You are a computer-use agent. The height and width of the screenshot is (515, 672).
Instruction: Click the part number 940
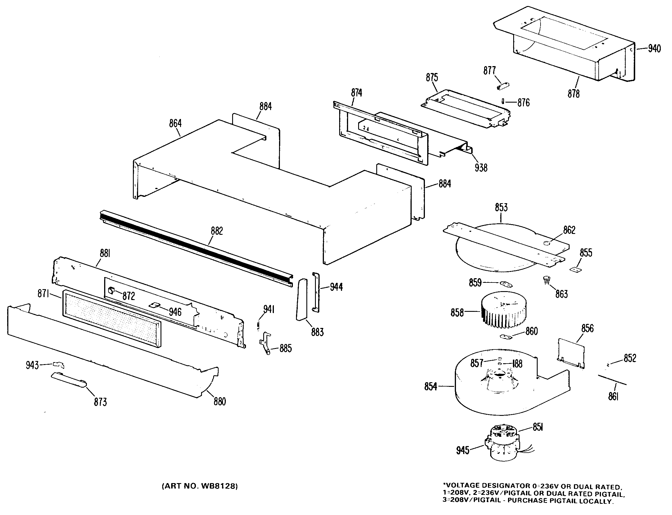coord(654,49)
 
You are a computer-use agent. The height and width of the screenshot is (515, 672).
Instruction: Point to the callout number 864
coord(175,123)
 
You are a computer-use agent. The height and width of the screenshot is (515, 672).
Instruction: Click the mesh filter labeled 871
coord(112,318)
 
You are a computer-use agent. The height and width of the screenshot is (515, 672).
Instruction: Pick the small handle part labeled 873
coord(69,380)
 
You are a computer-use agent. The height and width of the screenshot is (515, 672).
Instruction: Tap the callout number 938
coord(481,168)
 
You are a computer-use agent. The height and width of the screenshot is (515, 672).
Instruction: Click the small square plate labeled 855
coord(576,270)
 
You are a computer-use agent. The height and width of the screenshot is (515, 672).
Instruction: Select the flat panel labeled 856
coord(571,353)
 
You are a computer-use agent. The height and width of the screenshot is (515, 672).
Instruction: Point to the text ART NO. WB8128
coord(200,486)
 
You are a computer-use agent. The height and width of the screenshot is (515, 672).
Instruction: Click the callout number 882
coord(217,231)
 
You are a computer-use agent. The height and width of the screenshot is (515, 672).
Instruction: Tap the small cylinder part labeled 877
coord(503,86)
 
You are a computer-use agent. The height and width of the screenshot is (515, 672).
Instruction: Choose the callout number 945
coord(463,450)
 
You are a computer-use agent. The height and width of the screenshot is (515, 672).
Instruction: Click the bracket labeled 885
coord(266,343)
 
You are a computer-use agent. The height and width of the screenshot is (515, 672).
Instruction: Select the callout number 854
coord(431,387)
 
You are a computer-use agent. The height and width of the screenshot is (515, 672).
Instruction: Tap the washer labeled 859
coord(506,284)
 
